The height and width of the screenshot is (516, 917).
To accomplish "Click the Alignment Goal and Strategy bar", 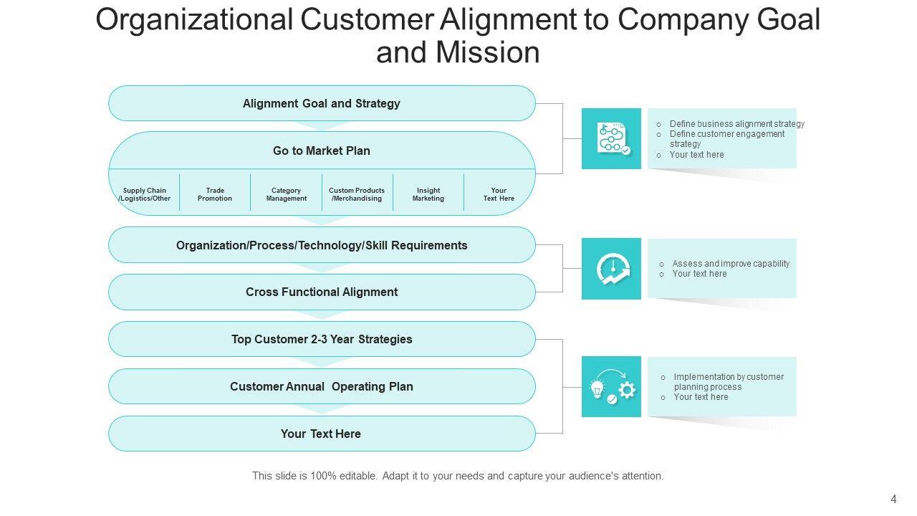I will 322,103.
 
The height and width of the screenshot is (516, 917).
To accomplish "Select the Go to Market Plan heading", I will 322,150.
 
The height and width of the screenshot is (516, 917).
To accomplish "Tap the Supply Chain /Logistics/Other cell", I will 145,194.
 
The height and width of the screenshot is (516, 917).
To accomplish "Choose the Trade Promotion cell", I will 215,194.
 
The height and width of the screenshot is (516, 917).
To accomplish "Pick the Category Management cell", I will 287,194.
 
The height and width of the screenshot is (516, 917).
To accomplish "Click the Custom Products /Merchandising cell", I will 357,194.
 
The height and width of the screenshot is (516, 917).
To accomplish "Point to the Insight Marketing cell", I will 428,194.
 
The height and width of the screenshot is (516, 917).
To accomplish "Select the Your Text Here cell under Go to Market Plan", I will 499,194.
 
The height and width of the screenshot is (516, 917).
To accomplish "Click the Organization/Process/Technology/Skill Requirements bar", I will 322,245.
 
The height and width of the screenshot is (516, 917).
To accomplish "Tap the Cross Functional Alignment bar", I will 322,292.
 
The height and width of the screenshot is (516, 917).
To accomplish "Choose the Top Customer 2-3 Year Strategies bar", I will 322,339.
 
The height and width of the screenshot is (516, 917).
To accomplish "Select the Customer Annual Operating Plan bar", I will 322,386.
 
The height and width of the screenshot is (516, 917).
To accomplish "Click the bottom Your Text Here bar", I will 322,434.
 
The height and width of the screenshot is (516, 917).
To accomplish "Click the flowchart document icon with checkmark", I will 611,138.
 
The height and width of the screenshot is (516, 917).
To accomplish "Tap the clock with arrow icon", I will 611,269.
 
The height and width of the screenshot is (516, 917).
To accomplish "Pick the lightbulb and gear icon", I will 611,387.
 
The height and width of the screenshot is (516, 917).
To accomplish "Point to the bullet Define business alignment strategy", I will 736,124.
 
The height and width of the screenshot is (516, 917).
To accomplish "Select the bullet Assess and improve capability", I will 731,264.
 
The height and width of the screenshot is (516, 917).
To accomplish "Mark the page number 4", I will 893,499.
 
